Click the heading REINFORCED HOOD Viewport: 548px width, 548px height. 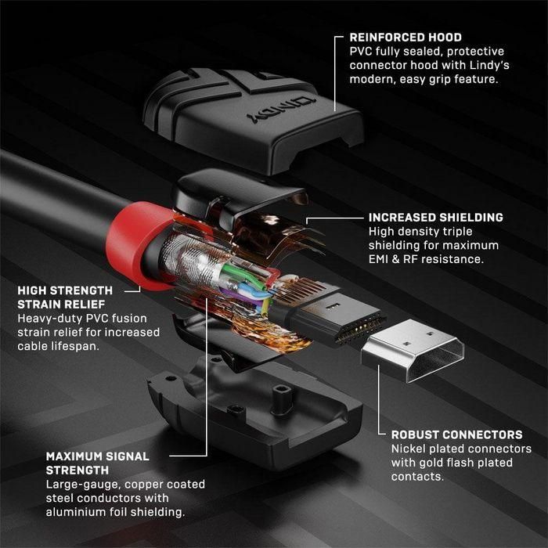tap(405, 37)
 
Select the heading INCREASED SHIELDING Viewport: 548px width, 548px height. tap(436, 218)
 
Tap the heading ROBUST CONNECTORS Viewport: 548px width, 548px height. tap(457, 434)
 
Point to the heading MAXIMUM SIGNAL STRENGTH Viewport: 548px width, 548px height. tap(97, 463)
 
